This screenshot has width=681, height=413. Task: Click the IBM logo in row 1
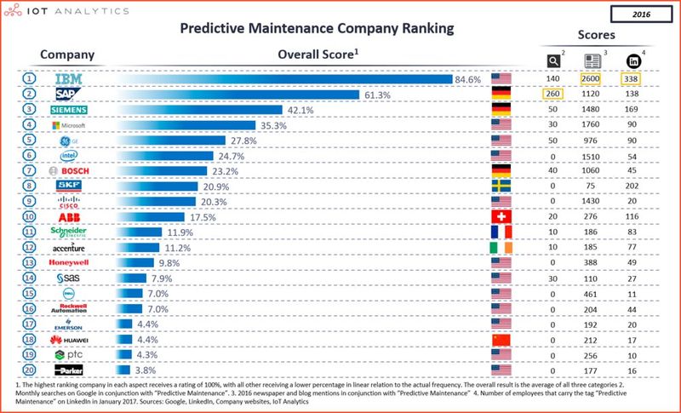coord(67,79)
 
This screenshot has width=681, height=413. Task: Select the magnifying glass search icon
coord(552,60)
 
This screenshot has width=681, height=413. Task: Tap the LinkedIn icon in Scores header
coord(634,60)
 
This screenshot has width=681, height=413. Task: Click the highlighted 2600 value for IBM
coord(592,79)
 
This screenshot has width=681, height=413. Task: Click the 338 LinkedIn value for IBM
coord(633,79)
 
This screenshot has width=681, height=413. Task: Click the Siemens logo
coord(67,110)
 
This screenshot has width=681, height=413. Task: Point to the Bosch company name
coord(70,171)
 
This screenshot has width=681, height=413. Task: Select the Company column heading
coord(67,55)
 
